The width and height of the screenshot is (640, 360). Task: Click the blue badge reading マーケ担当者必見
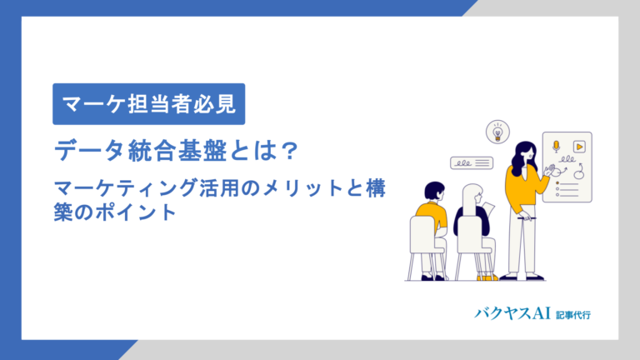[x=149, y=105]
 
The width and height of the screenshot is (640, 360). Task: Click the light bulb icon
[x=497, y=131]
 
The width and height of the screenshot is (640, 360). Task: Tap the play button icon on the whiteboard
[x=577, y=146]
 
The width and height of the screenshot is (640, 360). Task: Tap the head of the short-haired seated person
[x=433, y=192]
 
